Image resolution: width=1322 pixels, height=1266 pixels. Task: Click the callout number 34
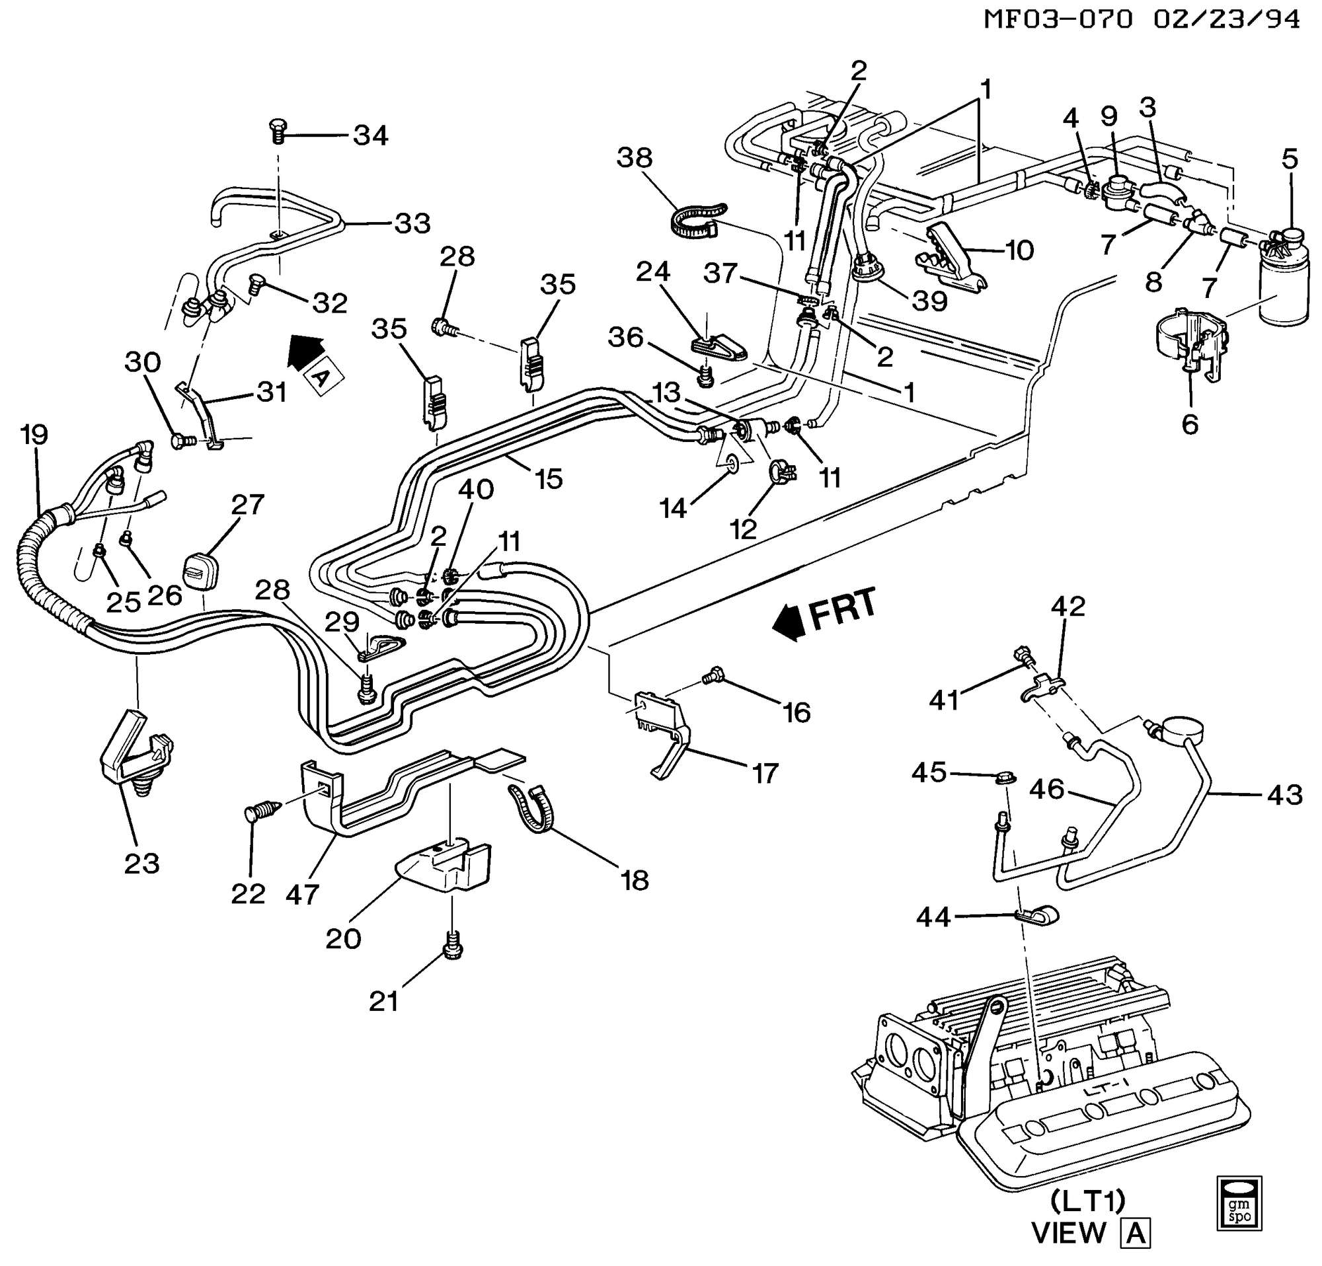371,136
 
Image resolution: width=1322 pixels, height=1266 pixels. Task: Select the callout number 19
34,435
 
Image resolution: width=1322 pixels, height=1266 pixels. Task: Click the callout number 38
635,158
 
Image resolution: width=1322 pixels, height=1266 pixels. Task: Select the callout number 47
301,895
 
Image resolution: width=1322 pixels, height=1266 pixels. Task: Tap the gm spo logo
1239,1205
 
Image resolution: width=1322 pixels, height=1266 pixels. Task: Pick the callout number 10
1019,251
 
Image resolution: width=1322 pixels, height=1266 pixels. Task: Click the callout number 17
765,773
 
